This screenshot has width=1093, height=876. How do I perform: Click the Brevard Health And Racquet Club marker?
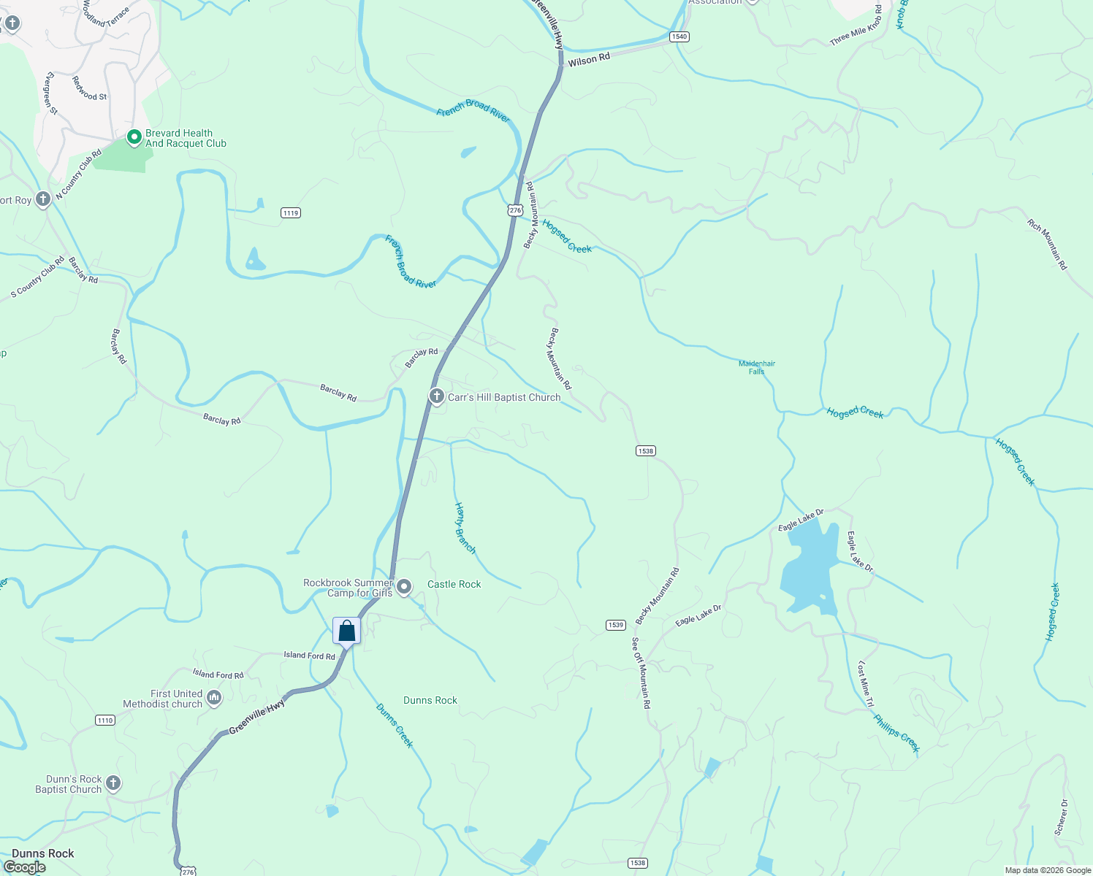click(134, 137)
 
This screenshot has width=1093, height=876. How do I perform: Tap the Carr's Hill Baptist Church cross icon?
click(436, 396)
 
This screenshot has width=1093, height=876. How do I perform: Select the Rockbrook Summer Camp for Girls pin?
click(404, 587)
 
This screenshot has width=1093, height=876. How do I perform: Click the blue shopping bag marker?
click(346, 631)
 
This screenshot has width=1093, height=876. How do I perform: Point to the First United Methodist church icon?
click(214, 698)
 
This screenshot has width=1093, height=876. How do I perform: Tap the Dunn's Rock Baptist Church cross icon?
click(113, 783)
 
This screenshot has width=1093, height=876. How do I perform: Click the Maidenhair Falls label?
click(756, 367)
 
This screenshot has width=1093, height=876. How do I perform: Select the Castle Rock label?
click(454, 584)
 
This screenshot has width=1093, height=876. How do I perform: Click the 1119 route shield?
click(291, 213)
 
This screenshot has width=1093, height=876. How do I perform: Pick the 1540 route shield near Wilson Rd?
click(679, 36)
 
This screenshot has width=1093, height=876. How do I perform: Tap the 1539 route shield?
click(615, 625)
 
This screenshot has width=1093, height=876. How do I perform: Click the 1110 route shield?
click(105, 721)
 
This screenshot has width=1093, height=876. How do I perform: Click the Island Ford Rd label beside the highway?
click(309, 656)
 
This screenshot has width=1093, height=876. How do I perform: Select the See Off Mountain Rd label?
click(641, 672)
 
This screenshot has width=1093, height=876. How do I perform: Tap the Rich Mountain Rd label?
click(1047, 245)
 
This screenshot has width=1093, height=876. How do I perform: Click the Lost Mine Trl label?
click(865, 683)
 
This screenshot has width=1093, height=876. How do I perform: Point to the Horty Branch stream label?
click(465, 527)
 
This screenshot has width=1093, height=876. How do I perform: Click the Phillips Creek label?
click(896, 732)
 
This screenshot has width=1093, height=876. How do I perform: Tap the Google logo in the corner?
click(25, 867)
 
